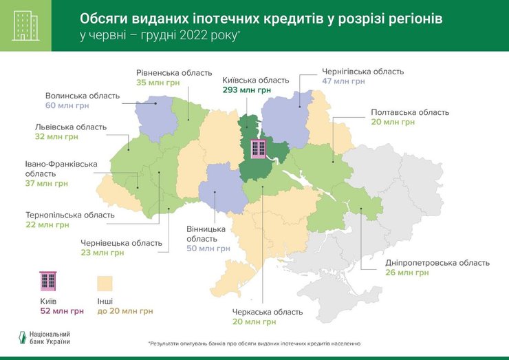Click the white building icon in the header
click(x=25, y=25)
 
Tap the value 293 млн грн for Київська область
click(x=246, y=89)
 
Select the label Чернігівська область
click(x=362, y=71)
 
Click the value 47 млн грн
click(x=343, y=81)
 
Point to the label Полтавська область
click(x=409, y=112)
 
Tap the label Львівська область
click(x=71, y=127)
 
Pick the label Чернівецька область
click(x=121, y=242)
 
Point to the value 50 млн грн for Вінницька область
click(x=208, y=248)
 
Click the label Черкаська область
click(x=267, y=311)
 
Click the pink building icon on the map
click(x=259, y=149)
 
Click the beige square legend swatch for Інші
click(x=105, y=283)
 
